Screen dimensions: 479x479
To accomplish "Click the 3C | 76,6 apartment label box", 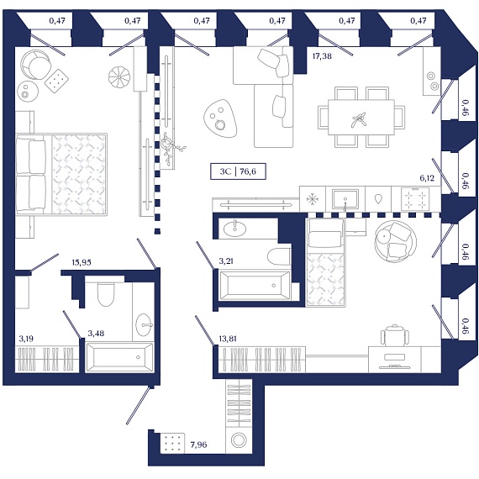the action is [x=238, y=171].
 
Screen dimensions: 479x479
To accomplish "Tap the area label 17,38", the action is [x=322, y=56].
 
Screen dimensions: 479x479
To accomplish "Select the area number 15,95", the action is [x=82, y=262].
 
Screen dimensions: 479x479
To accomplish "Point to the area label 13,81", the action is [x=228, y=339].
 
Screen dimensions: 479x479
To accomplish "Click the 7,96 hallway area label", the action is [x=198, y=445].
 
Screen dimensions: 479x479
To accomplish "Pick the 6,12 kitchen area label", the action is [x=427, y=178].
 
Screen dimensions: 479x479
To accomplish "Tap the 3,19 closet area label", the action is [x=26, y=339].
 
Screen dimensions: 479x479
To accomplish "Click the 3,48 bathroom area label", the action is [x=96, y=334].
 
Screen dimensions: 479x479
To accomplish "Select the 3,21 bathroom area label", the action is [x=226, y=261].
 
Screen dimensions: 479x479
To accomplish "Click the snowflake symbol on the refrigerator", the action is [x=313, y=199].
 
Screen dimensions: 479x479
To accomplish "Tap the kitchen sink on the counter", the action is [x=345, y=199].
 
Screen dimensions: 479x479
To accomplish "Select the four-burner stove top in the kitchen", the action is [x=415, y=199].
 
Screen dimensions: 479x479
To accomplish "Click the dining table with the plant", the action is [x=361, y=118].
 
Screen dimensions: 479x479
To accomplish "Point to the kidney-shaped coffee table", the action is [x=220, y=118].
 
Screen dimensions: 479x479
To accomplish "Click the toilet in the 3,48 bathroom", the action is [x=106, y=294].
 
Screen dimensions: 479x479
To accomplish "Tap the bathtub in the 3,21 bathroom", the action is [x=255, y=286].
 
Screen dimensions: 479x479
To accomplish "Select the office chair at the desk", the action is [x=395, y=335].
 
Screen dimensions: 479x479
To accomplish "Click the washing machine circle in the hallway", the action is [x=239, y=440].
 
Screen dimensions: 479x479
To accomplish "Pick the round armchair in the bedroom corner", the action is [x=36, y=65].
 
